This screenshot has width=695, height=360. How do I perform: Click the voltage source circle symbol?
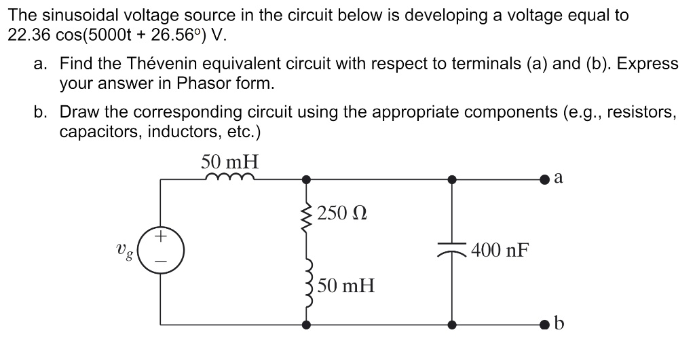coord(161,251)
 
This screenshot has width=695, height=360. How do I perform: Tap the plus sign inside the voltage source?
coord(161,238)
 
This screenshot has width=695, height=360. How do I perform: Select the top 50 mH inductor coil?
coord(229,178)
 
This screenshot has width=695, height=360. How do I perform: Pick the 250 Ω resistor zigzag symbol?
coord(307,216)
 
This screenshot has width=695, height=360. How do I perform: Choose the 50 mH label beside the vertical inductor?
coord(345,285)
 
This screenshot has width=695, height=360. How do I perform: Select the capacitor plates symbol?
coord(452,251)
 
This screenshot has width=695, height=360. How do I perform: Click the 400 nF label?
coord(500,251)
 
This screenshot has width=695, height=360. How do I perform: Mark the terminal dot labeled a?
coord(545,179)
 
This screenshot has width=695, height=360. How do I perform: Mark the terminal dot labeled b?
coord(545,325)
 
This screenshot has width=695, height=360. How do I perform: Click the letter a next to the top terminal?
coord(559,177)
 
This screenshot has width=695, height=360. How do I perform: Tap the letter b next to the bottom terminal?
coord(559,323)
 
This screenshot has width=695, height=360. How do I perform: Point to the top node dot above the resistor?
coord(307,179)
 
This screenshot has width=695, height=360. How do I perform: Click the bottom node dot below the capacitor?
coord(452,325)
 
